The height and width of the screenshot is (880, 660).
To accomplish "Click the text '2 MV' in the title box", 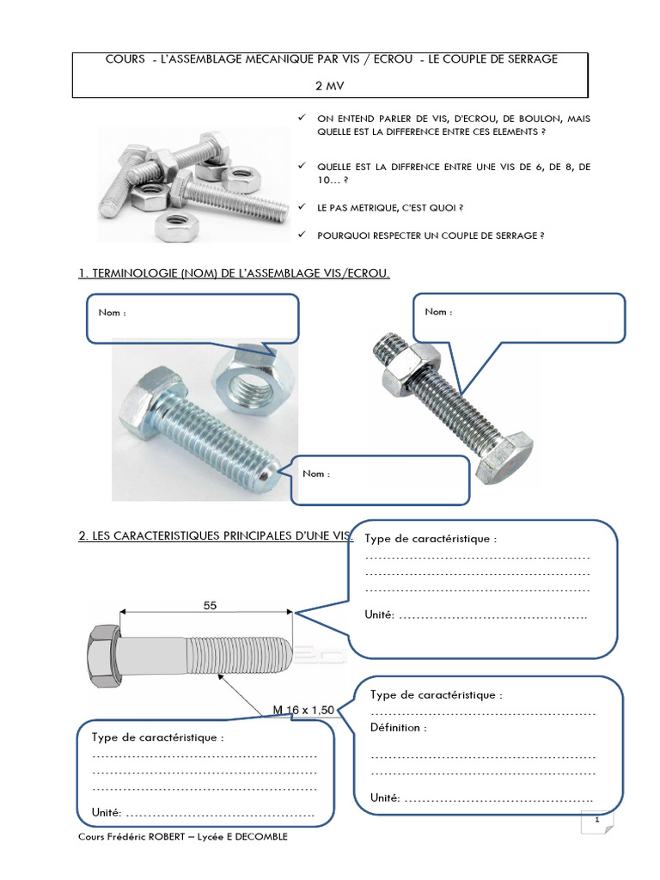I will [329, 87].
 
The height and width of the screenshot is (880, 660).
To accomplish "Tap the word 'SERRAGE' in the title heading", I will [530, 58].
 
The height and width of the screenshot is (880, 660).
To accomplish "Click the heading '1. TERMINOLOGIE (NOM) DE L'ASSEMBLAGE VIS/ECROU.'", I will [235, 273].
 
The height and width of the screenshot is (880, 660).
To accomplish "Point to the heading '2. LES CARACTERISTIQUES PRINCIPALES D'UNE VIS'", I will [215, 535].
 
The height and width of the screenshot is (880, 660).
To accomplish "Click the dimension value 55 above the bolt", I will [210, 605].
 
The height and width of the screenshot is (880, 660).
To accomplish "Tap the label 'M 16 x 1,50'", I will [302, 709].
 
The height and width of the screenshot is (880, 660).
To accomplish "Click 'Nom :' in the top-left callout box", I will [113, 313].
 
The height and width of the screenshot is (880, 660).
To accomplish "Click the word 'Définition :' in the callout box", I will [398, 727].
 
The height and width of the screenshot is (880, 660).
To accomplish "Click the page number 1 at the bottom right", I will [596, 822].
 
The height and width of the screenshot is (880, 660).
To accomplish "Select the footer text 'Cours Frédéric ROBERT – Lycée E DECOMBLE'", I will [183, 837].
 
